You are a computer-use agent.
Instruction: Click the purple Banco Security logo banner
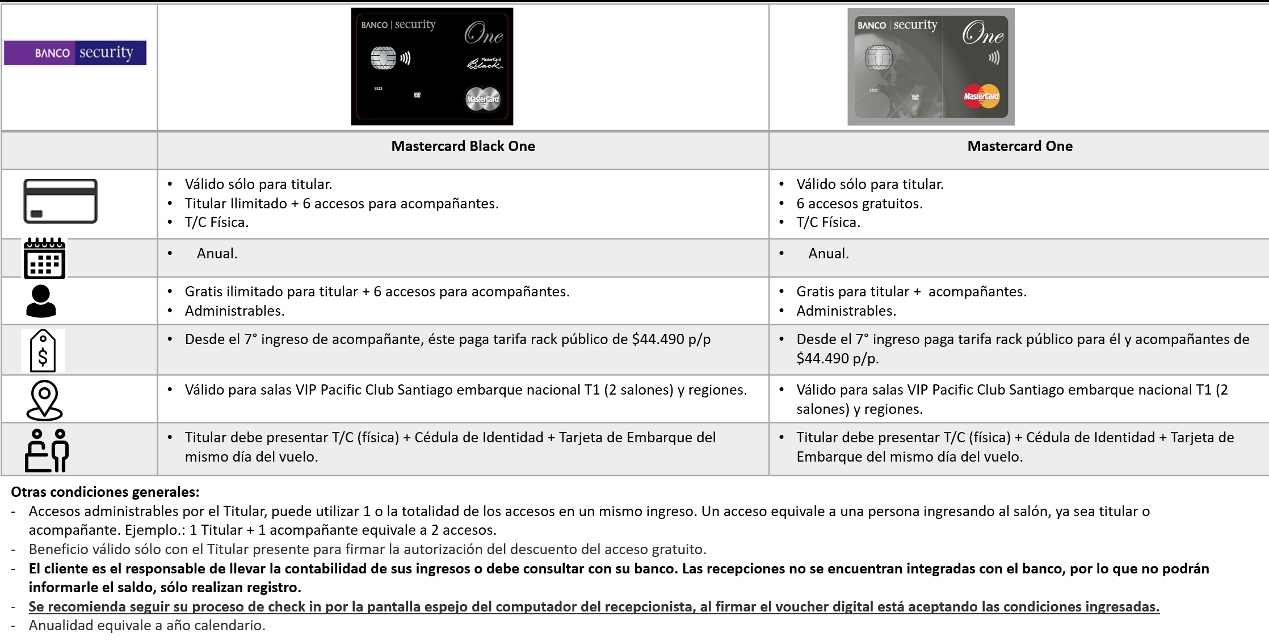[x=75, y=53]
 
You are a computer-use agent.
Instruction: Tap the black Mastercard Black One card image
[x=432, y=66]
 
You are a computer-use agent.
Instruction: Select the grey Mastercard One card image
[x=931, y=66]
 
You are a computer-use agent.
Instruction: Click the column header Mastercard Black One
[x=463, y=146]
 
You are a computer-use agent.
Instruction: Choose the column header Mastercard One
[x=1019, y=146]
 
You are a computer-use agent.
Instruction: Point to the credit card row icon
[x=60, y=202]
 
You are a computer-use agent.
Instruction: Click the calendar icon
[x=44, y=258]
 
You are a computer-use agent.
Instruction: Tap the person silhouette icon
[x=41, y=301]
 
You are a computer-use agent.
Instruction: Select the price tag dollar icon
[x=43, y=351]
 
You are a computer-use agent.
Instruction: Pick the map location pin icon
[x=44, y=400]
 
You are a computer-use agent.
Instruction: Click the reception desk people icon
[x=47, y=450]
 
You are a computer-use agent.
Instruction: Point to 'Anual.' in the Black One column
[x=217, y=254]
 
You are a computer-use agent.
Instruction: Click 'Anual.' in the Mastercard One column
[x=828, y=254]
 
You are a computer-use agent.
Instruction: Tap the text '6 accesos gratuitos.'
[x=859, y=204]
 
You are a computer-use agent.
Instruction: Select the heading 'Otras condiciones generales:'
[x=105, y=492]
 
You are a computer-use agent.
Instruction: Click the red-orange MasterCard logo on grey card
[x=981, y=96]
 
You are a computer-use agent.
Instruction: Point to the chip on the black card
[x=383, y=58]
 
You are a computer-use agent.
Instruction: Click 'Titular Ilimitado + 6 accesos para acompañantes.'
[x=341, y=204]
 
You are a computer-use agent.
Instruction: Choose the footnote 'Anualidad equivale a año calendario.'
[x=147, y=626]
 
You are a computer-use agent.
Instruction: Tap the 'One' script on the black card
[x=484, y=34]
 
